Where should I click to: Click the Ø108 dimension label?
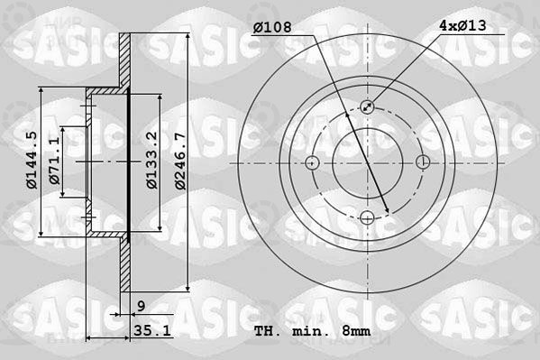pos(272,27)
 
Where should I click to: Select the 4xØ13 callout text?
pos(462,25)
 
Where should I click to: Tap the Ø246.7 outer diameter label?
pos(180,161)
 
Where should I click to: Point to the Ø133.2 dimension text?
pos(151,160)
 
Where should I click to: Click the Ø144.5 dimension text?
pos(32,160)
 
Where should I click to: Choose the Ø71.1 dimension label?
pos(54,160)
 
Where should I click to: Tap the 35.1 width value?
pos(151,331)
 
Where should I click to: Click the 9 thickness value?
pos(142,306)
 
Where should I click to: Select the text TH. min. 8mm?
pos(312,331)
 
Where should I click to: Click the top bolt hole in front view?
pos(367,106)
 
